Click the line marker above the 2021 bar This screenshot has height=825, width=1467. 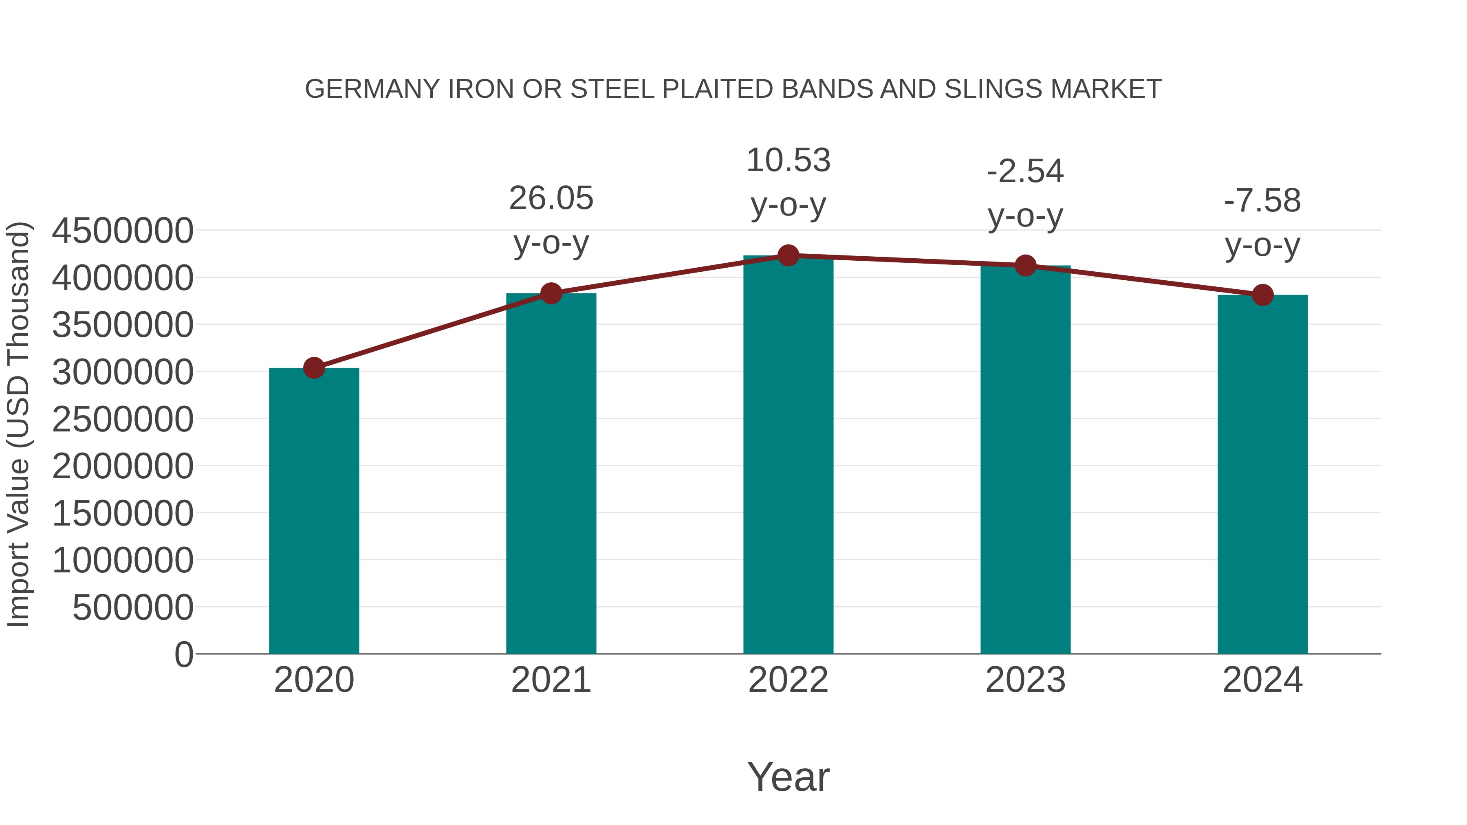[x=551, y=294]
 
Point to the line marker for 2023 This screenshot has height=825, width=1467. [x=1025, y=265]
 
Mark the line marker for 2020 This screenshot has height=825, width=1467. [x=314, y=368]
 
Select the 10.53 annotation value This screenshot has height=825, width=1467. [x=788, y=161]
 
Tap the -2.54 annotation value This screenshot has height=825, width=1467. [x=1025, y=172]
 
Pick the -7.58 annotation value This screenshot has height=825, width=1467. [x=1262, y=201]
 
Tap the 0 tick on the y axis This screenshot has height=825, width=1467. [x=183, y=654]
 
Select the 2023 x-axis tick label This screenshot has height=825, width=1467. [x=1025, y=680]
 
